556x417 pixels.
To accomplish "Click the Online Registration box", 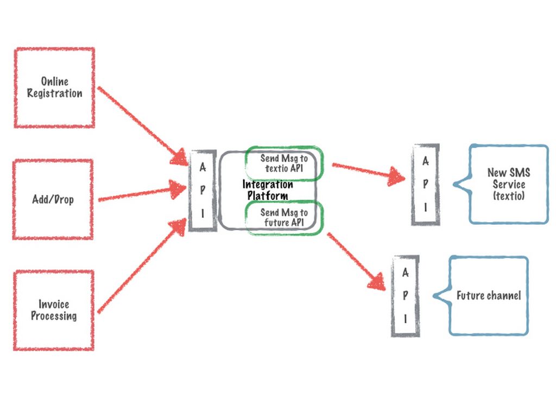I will pos(54,88).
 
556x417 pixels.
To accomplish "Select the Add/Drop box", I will pos(53,199).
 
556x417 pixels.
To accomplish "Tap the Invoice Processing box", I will pos(54,310).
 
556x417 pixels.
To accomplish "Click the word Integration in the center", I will pos(268,185).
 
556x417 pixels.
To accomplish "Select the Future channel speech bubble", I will pos(488,296).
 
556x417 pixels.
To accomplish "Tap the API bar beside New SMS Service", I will pos(426,185).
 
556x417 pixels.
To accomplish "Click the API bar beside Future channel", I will pos(405,296).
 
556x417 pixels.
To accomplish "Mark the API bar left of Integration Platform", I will pos(203,191).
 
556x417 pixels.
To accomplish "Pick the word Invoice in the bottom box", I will pos(54,304).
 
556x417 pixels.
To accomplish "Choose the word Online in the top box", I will pos(55,81).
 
